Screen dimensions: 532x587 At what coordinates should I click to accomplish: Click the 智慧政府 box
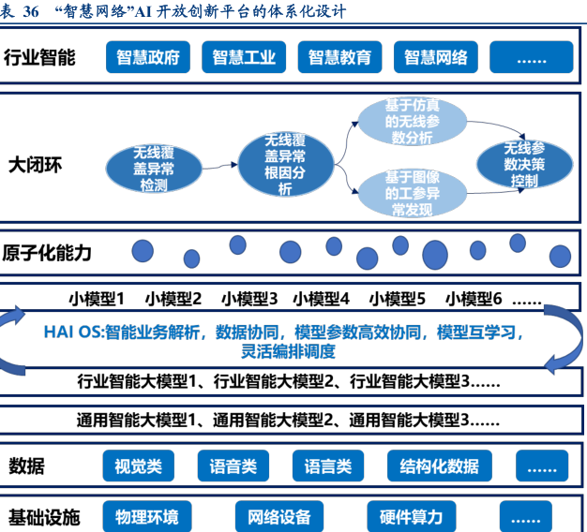pos(148,57)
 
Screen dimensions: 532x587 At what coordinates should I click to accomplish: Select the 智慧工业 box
pos(244,57)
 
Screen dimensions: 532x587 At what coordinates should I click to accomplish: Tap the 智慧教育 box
pos(339,57)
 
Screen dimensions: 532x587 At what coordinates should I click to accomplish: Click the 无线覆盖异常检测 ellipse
pos(154,168)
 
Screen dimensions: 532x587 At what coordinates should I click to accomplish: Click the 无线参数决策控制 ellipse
pos(524,164)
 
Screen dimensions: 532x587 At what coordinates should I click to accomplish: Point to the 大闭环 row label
pos(35,165)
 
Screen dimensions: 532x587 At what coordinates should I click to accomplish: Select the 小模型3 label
pos(249,299)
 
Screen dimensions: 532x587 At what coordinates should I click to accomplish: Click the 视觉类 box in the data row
pos(138,465)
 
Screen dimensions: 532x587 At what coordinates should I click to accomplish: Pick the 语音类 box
pos(233,465)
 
